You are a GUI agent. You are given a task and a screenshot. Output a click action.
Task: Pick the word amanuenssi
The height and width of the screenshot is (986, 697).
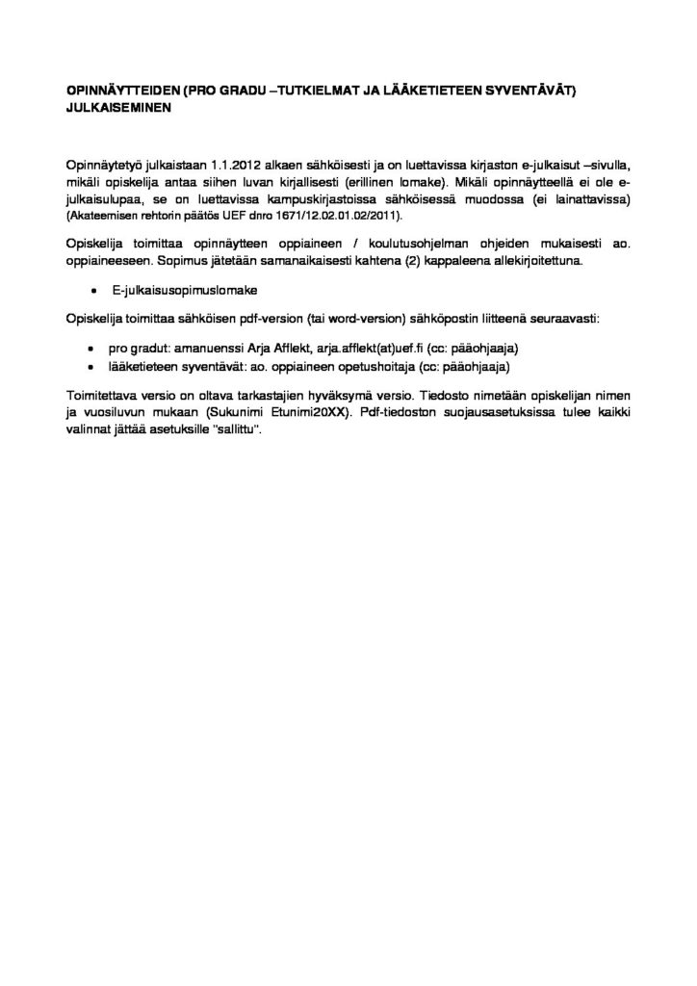205,350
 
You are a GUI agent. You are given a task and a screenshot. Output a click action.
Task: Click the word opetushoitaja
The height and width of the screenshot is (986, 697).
376,367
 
